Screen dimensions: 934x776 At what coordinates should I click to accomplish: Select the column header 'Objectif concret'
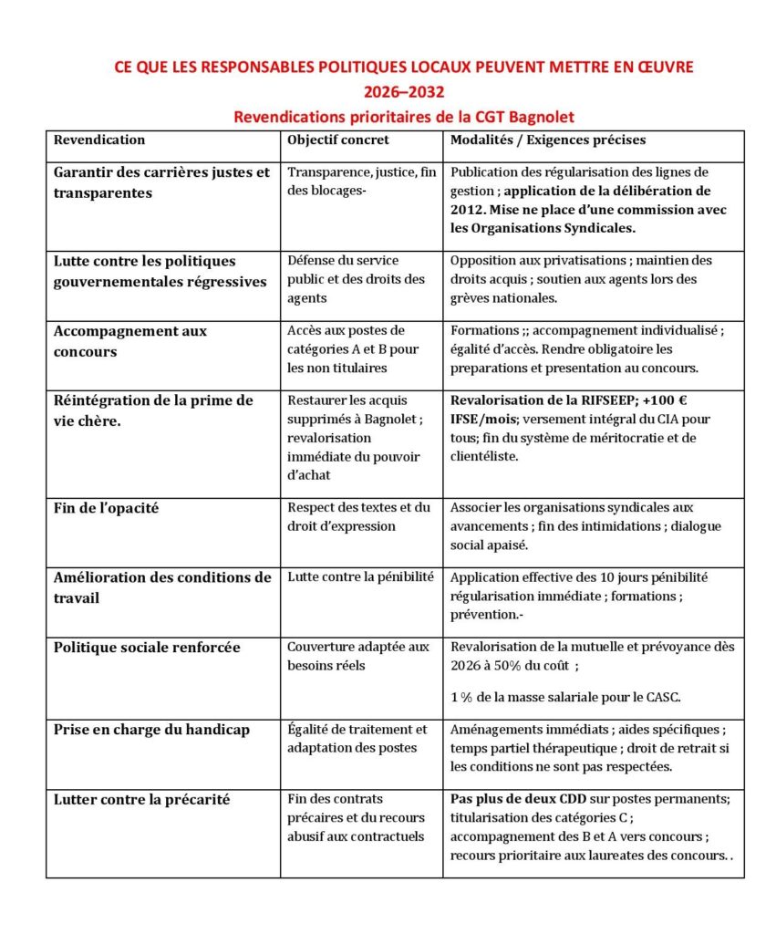coord(337,140)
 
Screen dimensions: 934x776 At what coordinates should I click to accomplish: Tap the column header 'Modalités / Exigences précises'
coord(547,140)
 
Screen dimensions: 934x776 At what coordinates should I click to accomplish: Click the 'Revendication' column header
coord(99,140)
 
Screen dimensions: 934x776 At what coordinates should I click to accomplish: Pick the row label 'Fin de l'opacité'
coord(106,508)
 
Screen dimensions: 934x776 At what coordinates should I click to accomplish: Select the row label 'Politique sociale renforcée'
coord(147,648)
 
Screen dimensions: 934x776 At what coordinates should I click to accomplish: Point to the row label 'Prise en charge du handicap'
coord(151,730)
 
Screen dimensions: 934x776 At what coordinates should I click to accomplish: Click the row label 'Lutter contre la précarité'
coord(141,800)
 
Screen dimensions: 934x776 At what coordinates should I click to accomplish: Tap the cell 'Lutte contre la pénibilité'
coord(360,577)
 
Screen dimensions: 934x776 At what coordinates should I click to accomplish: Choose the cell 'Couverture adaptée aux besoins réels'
coord(357,656)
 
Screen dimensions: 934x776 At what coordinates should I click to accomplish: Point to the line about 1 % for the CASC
coord(565,698)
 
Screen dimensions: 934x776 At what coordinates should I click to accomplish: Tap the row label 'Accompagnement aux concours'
coord(129,340)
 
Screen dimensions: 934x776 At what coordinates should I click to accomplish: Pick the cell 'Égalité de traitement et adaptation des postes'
coord(357,738)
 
